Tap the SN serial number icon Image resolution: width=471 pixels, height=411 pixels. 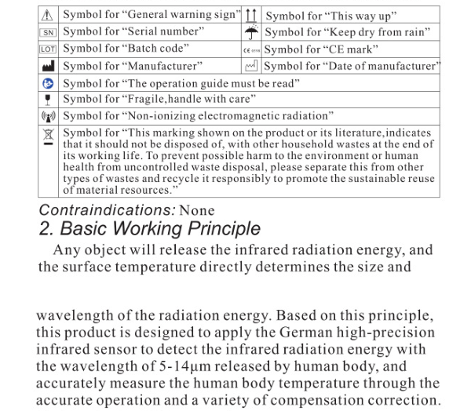click(49, 31)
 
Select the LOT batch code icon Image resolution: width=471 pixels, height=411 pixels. click(49, 49)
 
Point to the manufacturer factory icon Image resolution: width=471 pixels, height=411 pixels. click(49, 66)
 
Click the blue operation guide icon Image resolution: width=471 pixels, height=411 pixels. click(49, 82)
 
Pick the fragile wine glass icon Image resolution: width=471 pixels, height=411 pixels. click(49, 99)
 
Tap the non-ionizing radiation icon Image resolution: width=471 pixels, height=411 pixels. click(49, 116)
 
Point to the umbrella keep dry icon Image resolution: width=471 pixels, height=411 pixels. click(252, 32)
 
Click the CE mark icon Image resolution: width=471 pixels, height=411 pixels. click(251, 49)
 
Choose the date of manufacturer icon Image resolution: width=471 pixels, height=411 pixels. click(252, 66)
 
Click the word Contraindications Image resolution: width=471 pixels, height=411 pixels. click(107, 210)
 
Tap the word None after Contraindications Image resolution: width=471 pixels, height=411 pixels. click(196, 210)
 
